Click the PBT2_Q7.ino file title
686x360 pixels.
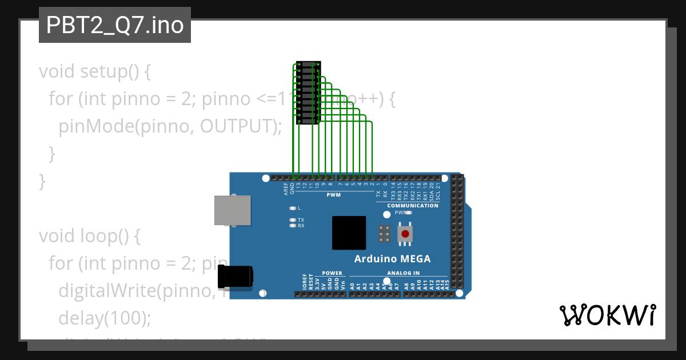[115, 25]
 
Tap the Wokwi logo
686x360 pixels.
[607, 315]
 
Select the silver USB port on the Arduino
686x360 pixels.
[232, 210]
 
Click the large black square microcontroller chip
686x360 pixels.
[349, 233]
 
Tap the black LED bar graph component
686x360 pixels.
[308, 93]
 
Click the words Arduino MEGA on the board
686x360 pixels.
[392, 259]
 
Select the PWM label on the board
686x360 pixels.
[333, 195]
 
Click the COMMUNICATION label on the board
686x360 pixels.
[413, 206]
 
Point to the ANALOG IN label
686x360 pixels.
[403, 273]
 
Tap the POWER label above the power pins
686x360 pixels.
[332, 273]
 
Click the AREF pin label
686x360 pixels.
[286, 189]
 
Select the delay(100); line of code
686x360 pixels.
[105, 318]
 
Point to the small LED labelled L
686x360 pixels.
[293, 208]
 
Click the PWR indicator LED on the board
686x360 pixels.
[409, 212]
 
